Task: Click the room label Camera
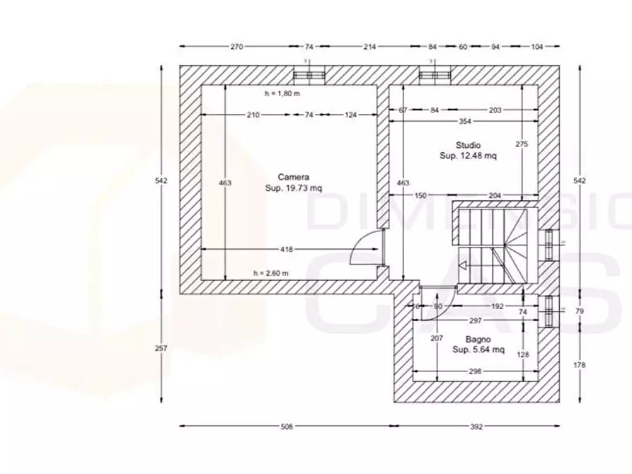tap(293, 177)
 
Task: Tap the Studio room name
tap(468, 144)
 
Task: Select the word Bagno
tap(478, 339)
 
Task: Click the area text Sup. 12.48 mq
tap(468, 156)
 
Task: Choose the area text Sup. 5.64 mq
tap(478, 349)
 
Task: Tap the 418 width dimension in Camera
tap(287, 249)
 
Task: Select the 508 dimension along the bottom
tap(287, 427)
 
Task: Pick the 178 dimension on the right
tap(580, 364)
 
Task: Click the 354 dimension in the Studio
tap(464, 121)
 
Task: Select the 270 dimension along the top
tap(236, 46)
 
